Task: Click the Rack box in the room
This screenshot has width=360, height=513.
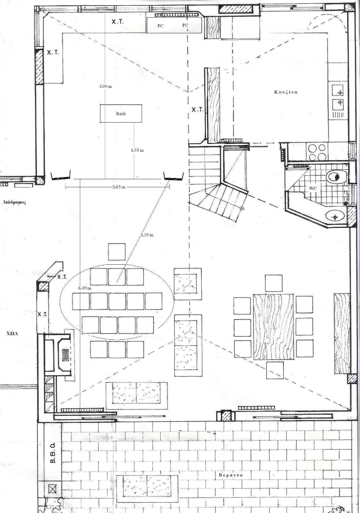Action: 121,113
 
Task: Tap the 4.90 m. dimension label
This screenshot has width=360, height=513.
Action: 106,86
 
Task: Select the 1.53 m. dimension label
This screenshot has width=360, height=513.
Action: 138,150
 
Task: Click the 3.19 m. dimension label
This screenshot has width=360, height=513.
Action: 147,235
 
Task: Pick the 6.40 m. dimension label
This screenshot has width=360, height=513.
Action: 85,288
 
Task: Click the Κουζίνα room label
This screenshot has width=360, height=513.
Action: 286,92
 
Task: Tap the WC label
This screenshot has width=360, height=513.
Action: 313,188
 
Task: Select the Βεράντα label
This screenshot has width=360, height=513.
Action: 231,475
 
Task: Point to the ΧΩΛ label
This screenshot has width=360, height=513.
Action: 12,333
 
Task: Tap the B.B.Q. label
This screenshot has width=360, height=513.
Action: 53,453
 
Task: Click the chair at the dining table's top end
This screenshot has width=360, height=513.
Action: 274,283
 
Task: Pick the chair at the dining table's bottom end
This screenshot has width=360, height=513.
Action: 275,370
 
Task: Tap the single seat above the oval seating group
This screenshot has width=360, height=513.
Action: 117,252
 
